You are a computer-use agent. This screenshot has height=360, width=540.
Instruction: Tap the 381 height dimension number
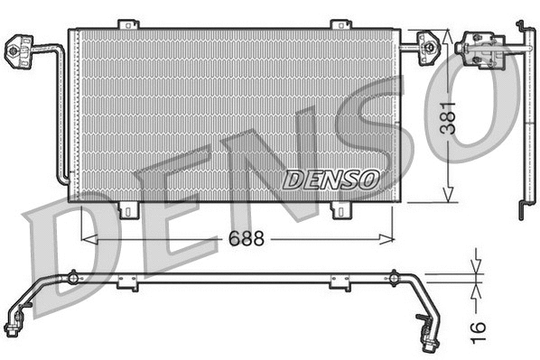point(461,116)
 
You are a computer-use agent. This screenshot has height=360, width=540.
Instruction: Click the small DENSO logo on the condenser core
point(330,180)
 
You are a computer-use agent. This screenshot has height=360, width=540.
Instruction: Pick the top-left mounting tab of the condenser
point(130,23)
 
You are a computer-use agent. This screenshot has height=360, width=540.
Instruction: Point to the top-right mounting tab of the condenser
point(340,23)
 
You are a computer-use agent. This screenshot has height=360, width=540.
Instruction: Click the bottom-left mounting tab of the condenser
point(130,210)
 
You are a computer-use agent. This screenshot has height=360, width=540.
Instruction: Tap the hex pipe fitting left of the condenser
point(18,50)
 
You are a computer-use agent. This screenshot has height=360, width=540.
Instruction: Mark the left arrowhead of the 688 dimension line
point(86,239)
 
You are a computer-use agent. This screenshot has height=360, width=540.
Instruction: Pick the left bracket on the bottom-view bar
point(127,282)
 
